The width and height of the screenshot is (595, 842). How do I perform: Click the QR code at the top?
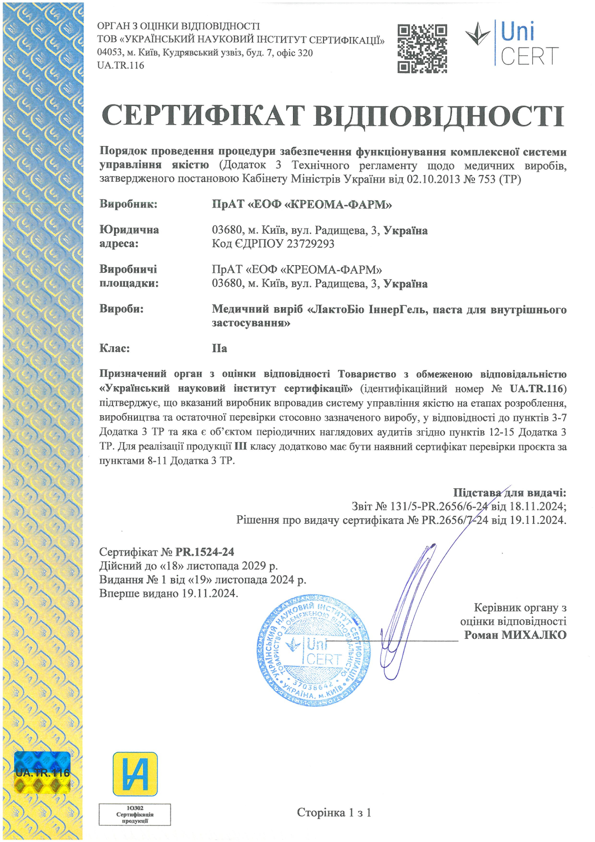[422, 49]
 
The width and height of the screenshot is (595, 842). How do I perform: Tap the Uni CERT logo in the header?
[512, 44]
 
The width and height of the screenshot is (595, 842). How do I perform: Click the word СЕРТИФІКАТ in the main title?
[203, 116]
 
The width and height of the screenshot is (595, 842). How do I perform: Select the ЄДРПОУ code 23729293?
[310, 244]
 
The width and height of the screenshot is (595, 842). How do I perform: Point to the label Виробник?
[128, 204]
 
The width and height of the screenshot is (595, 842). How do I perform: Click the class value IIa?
[219, 348]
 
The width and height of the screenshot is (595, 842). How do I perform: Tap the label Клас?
[114, 348]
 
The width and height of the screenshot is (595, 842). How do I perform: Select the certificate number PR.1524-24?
[204, 552]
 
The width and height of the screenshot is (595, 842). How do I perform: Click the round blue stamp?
[314, 650]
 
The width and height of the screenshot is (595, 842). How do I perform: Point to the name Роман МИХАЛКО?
[515, 635]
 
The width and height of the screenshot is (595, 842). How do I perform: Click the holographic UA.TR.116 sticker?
[42, 772]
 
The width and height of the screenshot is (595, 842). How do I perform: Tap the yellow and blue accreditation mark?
[135, 774]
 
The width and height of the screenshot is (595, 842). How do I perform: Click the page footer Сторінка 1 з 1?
[334, 812]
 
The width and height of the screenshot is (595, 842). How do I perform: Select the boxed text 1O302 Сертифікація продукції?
[134, 814]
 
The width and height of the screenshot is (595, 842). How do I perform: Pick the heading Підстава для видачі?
[509, 493]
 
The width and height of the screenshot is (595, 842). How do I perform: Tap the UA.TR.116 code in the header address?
[120, 66]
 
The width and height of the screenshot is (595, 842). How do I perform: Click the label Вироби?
[121, 309]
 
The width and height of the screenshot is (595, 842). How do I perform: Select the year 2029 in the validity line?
[253, 566]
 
